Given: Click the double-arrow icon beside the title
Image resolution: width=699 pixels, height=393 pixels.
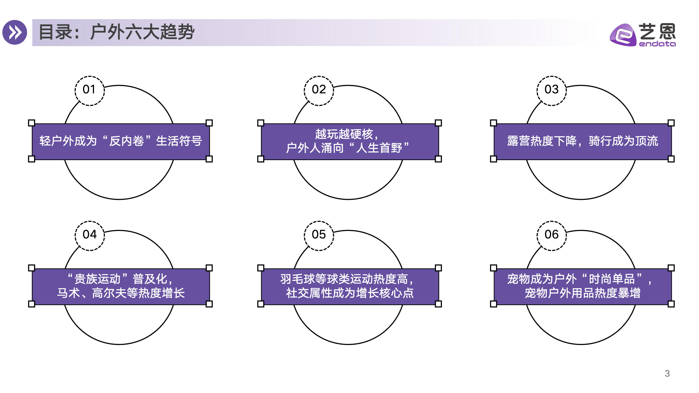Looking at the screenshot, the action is point(15,32).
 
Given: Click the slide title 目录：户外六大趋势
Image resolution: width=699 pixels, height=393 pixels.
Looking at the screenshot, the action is point(117,32).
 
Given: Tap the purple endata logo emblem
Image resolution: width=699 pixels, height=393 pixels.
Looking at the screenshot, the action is point(623,35).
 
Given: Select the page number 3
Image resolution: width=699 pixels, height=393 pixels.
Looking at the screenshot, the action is point(667,374).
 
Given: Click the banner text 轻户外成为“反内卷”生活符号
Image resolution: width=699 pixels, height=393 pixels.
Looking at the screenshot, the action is point(121,141).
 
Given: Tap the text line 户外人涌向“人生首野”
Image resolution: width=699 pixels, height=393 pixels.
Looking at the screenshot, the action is point(347,148).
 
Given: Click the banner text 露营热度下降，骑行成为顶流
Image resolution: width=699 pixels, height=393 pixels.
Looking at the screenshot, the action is point(582,141).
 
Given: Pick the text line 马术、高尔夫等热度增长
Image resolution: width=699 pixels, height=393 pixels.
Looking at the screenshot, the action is point(121,293).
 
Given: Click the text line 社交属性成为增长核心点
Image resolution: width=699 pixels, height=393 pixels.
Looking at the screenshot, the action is point(350,293).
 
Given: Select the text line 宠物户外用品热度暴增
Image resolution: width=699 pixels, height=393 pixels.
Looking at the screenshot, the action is point(582,293).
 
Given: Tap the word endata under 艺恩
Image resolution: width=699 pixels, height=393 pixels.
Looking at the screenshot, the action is point(657,44).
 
